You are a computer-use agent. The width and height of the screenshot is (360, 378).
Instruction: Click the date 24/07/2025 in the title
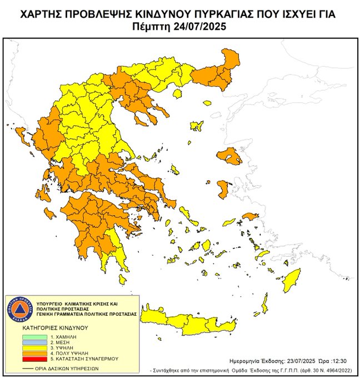tap(199, 26)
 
